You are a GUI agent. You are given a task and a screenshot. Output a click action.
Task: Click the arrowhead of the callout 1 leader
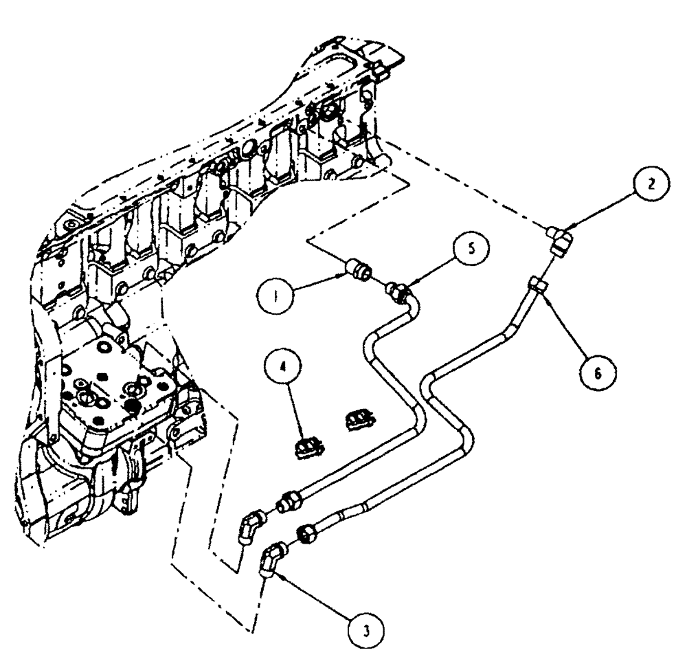click(x=346, y=276)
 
